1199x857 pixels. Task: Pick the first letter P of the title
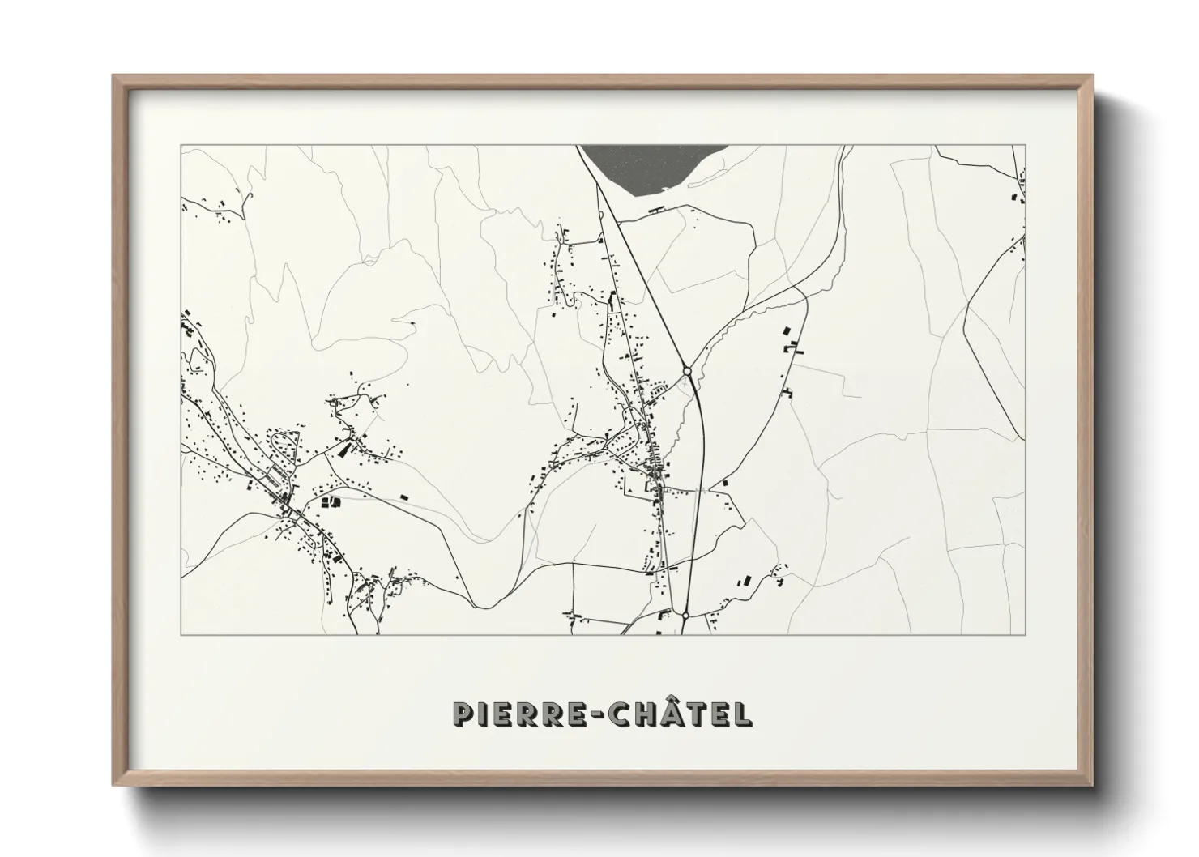pos(462,714)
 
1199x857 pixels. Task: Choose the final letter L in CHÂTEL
pos(744,714)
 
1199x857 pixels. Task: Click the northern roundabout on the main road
pos(687,370)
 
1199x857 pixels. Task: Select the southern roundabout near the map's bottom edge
pos(685,616)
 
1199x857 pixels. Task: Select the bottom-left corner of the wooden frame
pos(114,784)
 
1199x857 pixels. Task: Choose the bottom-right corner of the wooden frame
pos(1092,784)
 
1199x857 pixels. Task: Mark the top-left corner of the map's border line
pos(181,146)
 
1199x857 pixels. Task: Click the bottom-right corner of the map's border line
pos(1026,634)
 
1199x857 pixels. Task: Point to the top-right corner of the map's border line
pos(1026,146)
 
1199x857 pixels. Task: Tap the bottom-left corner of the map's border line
pos(181,634)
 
